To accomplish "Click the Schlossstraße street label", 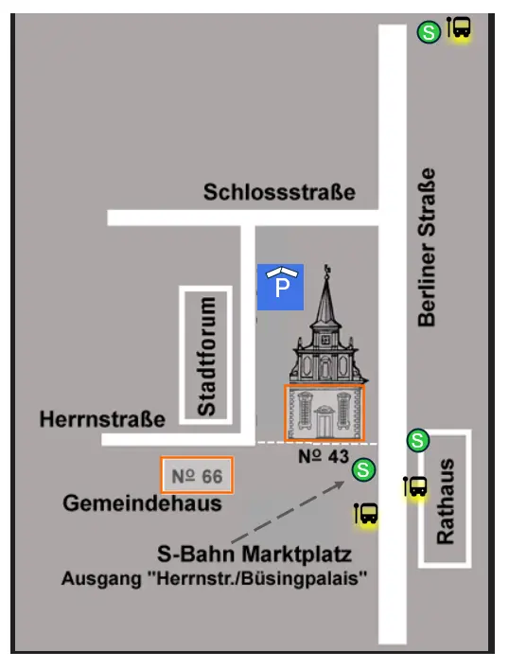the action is point(279,192).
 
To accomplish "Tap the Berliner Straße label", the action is point(429,248).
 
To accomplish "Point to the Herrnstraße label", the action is point(102,418).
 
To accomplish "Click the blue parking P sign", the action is point(281,286).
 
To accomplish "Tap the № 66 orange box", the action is point(198,475).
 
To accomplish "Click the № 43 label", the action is point(325,456).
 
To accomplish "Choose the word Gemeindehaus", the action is point(142,503).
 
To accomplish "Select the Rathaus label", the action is point(446,501).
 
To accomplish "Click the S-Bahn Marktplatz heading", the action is point(254,554).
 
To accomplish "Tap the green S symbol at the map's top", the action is point(428,32).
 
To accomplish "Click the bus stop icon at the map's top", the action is point(460,28).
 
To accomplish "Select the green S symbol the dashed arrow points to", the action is point(363,468).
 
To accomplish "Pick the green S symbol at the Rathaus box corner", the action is point(417,440).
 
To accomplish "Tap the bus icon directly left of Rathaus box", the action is point(414,487).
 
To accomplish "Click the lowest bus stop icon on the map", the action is point(366,515).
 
